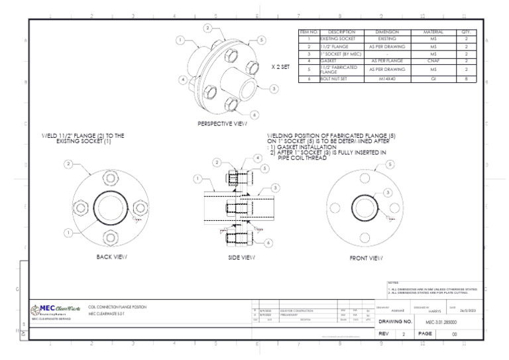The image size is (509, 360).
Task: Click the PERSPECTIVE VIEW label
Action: coord(222,124)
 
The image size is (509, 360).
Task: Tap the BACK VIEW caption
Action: coord(112,257)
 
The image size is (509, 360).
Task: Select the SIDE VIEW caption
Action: coord(242,257)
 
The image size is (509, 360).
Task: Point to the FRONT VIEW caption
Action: coord(367,257)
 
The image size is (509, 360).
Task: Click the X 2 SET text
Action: coord(280,67)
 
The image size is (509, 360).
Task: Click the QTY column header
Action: coord(466,32)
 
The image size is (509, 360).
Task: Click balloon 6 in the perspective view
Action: coord(254,115)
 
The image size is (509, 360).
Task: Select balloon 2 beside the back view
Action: coord(68,164)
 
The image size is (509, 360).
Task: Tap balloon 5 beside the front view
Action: coord(390,164)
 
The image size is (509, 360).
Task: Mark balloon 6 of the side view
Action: coord(268,243)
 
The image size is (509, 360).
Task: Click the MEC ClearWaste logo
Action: coord(56,308)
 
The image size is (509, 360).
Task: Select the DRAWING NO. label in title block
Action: coord(395,322)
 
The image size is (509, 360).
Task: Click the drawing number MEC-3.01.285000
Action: coord(441,322)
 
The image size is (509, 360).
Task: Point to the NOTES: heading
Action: coord(392,283)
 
